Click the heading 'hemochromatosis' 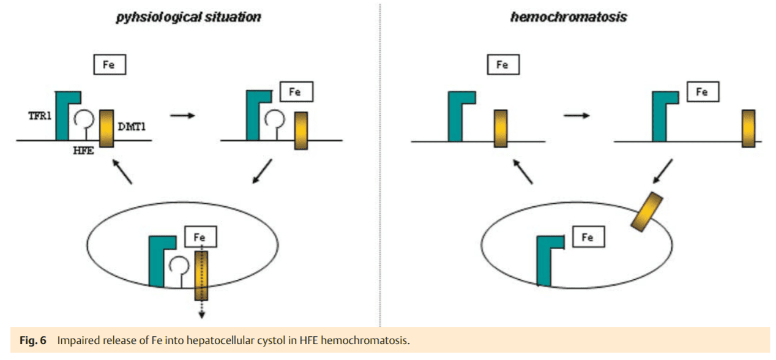(x=568, y=17)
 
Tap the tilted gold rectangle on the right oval (x=646, y=212)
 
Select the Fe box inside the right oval (x=588, y=237)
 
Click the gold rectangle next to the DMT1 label (x=106, y=128)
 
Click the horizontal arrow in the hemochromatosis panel (x=576, y=116)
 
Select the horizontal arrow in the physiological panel (x=182, y=115)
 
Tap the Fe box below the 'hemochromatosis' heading (x=502, y=64)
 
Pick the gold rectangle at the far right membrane (x=748, y=129)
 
